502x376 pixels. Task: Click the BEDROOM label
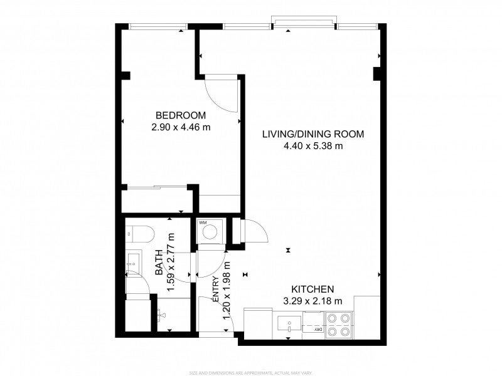pos(181,115)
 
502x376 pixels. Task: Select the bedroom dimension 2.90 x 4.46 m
pos(181,127)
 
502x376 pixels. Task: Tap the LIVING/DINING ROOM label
pos(312,134)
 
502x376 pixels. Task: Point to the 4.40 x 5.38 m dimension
pos(312,147)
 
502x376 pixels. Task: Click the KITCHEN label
pos(312,289)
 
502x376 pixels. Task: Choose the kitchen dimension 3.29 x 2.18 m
pos(312,301)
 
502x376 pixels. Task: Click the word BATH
pos(159,263)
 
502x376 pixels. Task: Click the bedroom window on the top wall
pos(156,26)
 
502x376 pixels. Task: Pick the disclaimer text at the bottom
pos(251,372)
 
